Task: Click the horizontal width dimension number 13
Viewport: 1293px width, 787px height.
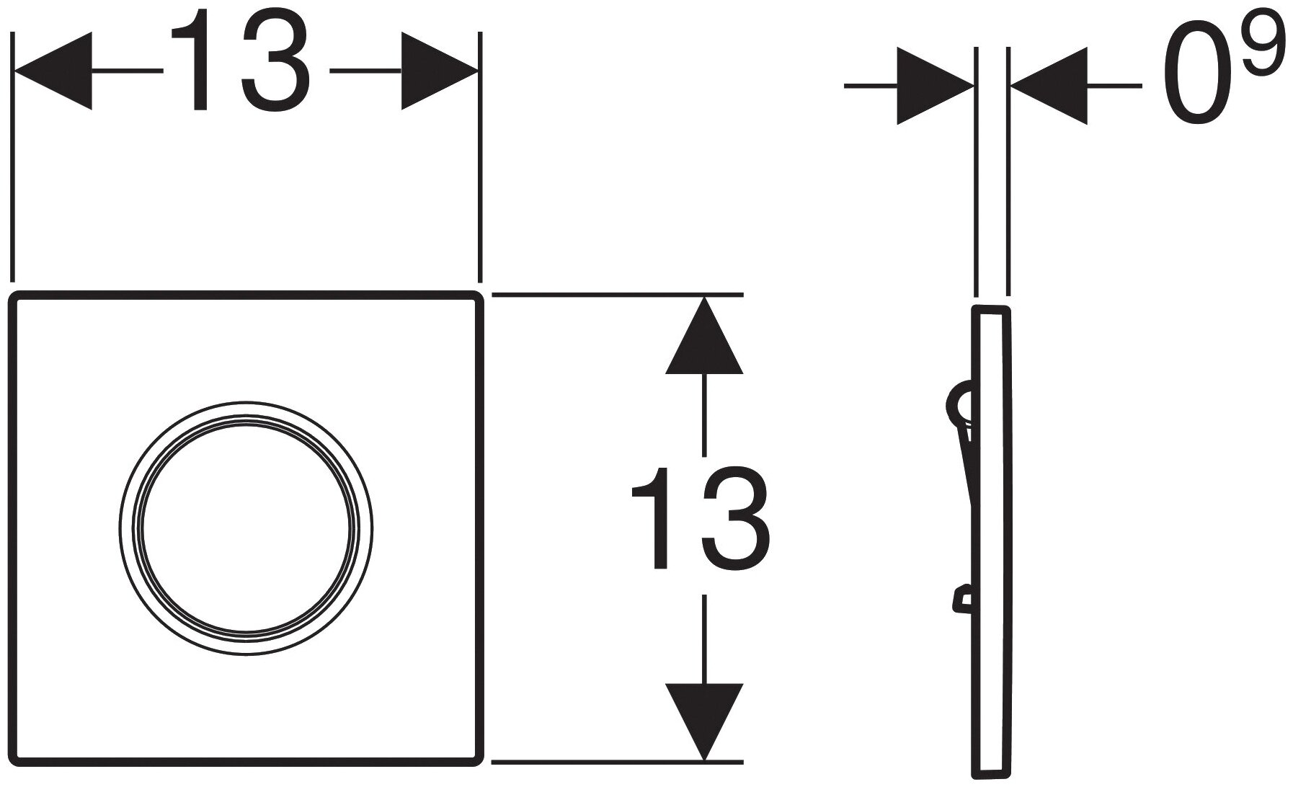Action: coord(241,71)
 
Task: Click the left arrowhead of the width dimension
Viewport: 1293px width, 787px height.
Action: coord(54,71)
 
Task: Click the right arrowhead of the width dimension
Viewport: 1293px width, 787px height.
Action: coord(438,71)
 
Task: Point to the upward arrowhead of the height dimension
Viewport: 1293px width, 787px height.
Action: coord(703,336)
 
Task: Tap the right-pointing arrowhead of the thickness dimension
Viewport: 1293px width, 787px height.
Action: coord(934,86)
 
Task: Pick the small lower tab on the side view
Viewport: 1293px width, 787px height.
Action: coord(961,597)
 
